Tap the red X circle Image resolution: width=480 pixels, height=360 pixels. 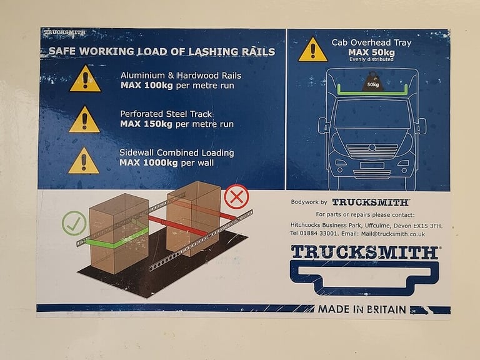tap(237, 196)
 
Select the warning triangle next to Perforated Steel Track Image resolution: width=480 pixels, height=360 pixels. tap(84, 119)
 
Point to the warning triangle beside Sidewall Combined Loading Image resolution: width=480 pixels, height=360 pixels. tap(84, 161)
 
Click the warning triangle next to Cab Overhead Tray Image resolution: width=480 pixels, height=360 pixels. tap(312, 49)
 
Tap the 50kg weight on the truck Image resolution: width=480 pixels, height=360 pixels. tap(372, 82)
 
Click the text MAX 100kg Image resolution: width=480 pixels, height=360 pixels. tap(147, 85)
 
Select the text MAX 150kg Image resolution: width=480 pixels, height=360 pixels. tap(146, 124)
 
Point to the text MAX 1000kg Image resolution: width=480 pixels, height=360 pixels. tap(149, 162)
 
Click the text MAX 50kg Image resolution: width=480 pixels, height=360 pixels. tap(371, 52)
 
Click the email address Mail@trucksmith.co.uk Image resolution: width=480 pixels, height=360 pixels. tap(393, 234)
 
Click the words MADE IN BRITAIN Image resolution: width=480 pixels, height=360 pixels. tap(362, 309)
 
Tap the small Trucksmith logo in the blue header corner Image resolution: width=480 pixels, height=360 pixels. tap(64, 32)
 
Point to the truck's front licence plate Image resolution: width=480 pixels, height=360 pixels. tap(372, 166)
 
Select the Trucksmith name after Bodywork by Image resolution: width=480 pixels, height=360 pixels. tap(371, 202)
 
